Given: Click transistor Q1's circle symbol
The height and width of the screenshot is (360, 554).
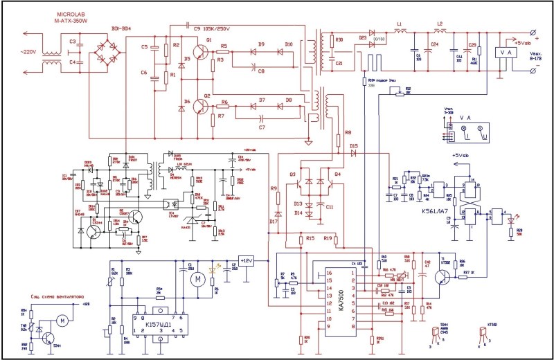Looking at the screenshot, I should pos(201,51).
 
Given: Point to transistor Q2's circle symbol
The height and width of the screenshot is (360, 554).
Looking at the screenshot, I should pos(201,106).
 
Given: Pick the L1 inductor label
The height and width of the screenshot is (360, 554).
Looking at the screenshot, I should pos(400,24).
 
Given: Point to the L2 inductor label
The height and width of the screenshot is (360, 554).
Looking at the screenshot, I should pos(439,24).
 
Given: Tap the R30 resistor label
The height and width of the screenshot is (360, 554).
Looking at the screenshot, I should pos(339,40).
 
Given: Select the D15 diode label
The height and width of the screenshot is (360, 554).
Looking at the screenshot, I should pos(353,146).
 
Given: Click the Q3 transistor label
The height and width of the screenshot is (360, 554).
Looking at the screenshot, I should pos(293,173).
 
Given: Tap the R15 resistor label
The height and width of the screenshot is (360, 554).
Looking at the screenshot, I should pos(309,238).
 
